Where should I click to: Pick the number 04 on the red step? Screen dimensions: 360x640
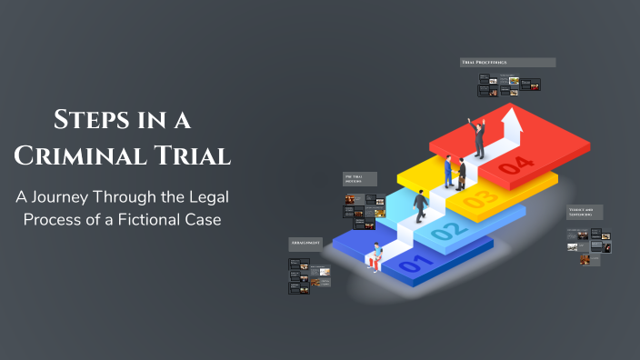(515, 165)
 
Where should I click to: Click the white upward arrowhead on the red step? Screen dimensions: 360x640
(510, 115)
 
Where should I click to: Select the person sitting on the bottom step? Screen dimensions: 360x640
(375, 258)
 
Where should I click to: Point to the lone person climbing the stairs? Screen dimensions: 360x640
(421, 205)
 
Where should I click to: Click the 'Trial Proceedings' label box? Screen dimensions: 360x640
(507, 63)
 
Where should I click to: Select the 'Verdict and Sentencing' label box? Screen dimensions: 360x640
(585, 212)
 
